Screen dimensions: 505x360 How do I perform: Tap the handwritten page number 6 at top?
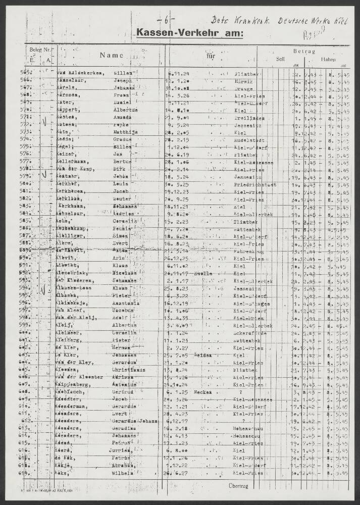pos(166,21)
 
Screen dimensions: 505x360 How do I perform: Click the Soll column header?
pos(280,59)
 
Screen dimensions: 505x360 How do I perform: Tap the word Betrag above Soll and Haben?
pos(303,51)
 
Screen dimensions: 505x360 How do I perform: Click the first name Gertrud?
pos(125,392)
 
